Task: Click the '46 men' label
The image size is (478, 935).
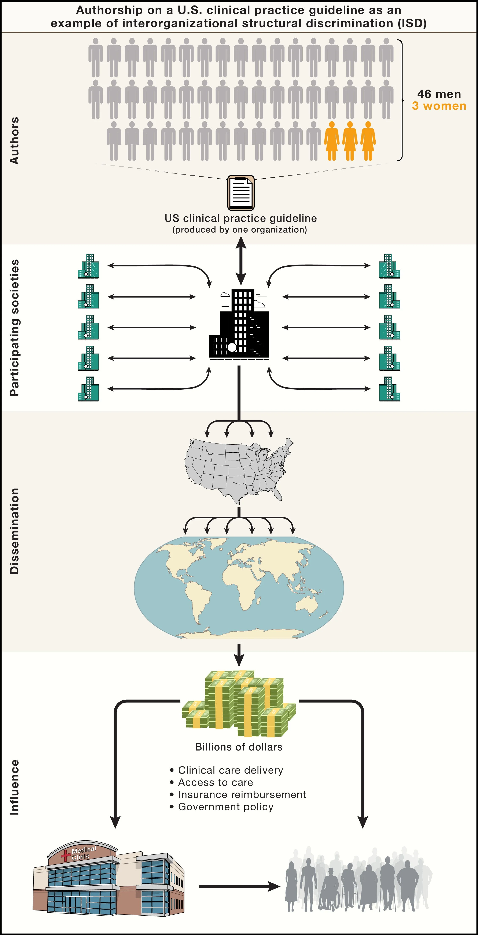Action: pyautogui.click(x=439, y=94)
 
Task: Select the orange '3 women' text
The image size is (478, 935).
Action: pyautogui.click(x=439, y=106)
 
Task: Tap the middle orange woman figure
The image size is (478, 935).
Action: pyautogui.click(x=350, y=141)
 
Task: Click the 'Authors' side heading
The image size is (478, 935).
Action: pyautogui.click(x=15, y=141)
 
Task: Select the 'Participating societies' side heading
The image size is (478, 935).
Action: pyautogui.click(x=15, y=328)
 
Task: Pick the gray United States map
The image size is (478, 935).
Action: pyautogui.click(x=238, y=470)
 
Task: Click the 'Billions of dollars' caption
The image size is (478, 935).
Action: pyautogui.click(x=239, y=747)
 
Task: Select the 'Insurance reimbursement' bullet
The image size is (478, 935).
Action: pyautogui.click(x=242, y=794)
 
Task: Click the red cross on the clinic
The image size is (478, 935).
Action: pyautogui.click(x=66, y=856)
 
